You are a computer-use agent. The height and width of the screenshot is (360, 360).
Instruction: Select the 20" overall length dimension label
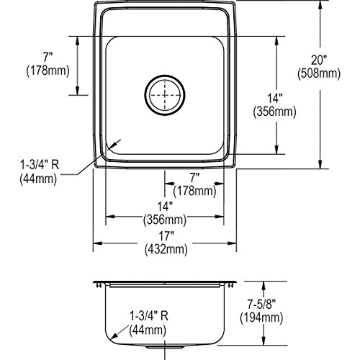(x=319, y=60)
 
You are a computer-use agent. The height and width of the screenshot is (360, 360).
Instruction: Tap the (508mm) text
(x=319, y=73)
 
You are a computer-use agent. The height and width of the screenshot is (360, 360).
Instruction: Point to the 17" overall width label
(x=166, y=236)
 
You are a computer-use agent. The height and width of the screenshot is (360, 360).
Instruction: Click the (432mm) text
(x=166, y=250)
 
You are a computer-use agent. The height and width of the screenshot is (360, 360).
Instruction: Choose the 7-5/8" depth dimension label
(x=261, y=305)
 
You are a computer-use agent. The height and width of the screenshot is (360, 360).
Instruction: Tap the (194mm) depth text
(x=261, y=318)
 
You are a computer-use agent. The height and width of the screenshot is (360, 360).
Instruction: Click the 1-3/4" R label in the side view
(x=149, y=315)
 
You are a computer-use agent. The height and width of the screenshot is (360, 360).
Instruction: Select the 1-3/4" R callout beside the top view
(x=40, y=165)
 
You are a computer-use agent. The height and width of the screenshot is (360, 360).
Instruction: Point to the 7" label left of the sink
(x=48, y=58)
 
